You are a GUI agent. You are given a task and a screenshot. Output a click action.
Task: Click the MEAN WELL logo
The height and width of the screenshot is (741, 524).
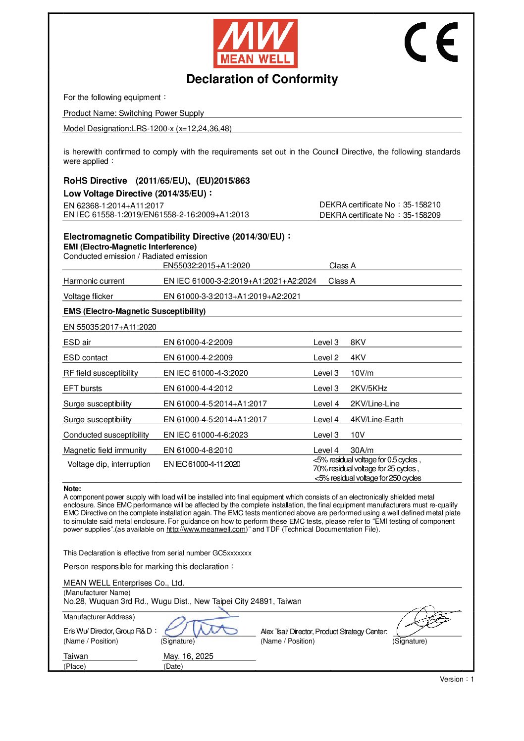click(255, 44)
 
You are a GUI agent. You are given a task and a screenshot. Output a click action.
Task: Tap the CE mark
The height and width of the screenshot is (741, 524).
click(431, 42)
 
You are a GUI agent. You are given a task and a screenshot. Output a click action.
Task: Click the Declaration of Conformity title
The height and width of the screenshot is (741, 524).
click(262, 79)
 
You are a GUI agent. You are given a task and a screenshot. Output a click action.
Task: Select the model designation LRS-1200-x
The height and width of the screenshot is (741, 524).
click(147, 129)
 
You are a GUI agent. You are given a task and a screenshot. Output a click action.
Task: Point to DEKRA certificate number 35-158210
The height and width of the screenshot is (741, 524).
click(421, 205)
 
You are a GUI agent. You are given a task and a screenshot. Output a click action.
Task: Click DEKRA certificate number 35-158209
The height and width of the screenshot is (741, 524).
click(421, 215)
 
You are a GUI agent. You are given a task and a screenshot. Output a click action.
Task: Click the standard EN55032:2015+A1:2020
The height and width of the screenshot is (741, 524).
click(207, 266)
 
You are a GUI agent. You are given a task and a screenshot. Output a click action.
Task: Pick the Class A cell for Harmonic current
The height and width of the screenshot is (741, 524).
click(342, 281)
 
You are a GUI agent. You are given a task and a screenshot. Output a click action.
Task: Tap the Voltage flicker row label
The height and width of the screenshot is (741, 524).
click(88, 296)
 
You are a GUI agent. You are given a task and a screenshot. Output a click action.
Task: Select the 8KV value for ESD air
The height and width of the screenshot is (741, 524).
click(358, 343)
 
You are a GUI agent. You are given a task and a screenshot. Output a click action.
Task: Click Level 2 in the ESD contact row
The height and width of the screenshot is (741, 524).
click(326, 358)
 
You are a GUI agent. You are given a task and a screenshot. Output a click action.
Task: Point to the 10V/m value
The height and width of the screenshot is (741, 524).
click(362, 373)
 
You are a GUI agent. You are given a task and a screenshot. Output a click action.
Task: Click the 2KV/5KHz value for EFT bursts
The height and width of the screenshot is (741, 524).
click(369, 389)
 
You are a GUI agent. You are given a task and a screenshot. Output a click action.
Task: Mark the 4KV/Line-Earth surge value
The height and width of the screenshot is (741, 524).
click(377, 420)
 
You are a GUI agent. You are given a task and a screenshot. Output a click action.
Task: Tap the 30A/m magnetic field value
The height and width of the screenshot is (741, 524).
click(362, 450)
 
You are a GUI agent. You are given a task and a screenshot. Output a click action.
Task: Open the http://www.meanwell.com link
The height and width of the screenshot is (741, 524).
click(207, 530)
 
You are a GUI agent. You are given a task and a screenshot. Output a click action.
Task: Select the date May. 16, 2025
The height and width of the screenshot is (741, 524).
click(188, 656)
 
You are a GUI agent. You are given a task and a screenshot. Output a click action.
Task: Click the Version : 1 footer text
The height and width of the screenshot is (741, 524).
click(457, 679)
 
